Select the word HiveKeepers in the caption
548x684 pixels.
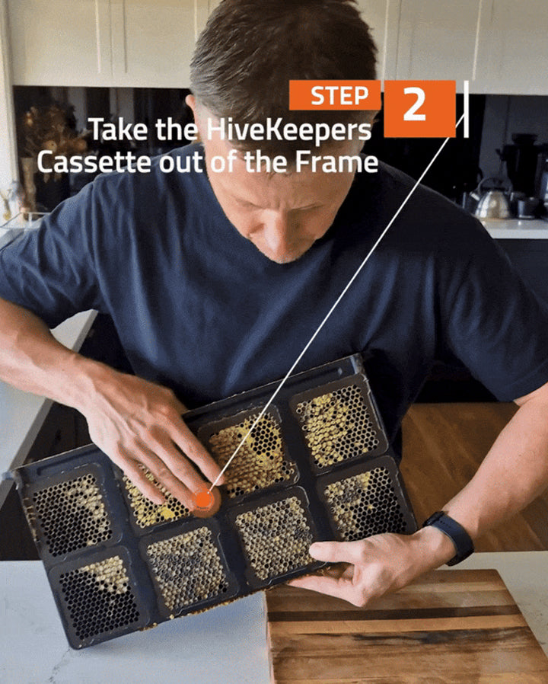(x=288, y=131)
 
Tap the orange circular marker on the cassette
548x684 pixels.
(x=202, y=500)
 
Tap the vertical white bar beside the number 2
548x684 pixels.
(x=466, y=109)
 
